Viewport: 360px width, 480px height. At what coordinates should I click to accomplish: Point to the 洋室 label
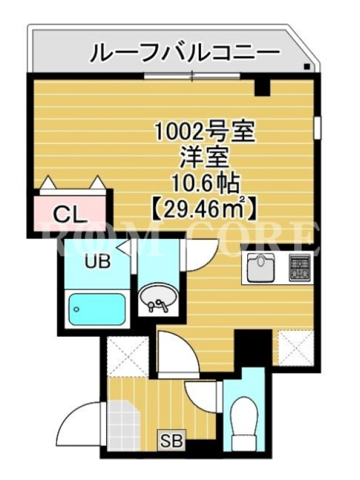[x=205, y=158]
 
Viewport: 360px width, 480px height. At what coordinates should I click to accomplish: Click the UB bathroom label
[x=97, y=262]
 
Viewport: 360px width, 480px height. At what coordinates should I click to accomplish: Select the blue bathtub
[x=97, y=310]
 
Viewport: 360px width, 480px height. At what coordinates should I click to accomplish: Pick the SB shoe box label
[x=172, y=441]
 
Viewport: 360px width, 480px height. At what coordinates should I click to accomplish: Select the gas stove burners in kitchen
[x=300, y=268]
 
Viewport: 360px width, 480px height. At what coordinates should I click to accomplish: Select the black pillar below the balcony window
[x=263, y=86]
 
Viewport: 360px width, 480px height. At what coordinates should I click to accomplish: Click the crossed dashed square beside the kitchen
[x=295, y=347]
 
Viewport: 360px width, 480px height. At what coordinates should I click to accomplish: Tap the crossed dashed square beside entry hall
[x=128, y=356]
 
